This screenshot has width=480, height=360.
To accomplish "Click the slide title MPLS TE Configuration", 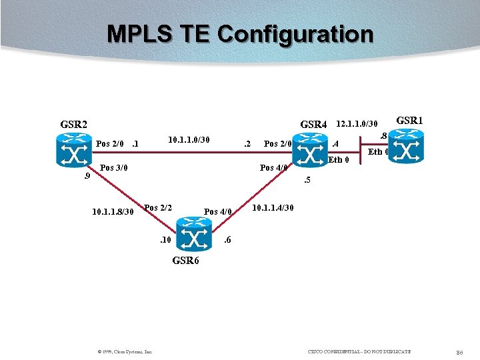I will point(240,33).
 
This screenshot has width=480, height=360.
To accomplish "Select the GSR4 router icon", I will point(311,148).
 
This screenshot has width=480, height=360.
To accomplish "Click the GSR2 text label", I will point(74,124).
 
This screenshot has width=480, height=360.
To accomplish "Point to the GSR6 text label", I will point(185,261).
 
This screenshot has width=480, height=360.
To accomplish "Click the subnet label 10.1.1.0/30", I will point(189,140).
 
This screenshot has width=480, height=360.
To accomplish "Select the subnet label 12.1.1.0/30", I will point(357,123).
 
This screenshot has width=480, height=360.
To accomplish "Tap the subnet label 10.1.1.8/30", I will point(113,212).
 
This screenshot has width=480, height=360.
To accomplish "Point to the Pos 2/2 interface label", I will point(159,207).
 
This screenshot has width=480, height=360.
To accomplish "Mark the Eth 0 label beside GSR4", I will point(339,159).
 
